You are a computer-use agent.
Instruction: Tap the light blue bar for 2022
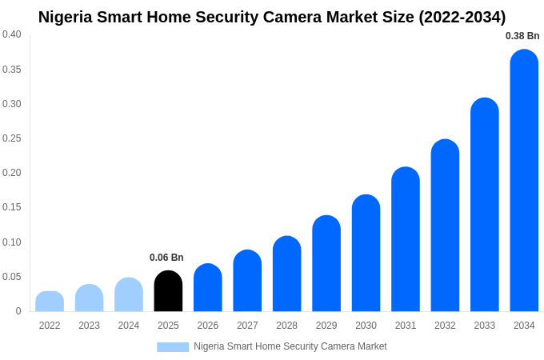[50, 302]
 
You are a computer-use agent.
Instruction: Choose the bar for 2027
[247, 281]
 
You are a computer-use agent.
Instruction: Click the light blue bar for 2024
[129, 295]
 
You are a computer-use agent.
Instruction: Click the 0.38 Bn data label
[522, 36]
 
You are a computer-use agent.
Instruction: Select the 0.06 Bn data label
[166, 258]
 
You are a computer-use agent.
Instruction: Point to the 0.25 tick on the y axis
[12, 138]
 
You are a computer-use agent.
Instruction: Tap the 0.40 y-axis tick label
[12, 34]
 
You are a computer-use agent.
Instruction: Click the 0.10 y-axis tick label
[12, 242]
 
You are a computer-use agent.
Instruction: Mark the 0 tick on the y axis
[18, 311]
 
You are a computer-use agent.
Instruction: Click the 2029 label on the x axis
[326, 326]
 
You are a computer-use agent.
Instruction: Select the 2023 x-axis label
[89, 326]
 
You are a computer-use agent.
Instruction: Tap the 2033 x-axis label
[484, 326]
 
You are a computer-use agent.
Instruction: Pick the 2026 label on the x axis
[208, 326]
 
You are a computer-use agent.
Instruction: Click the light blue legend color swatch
[173, 347]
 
